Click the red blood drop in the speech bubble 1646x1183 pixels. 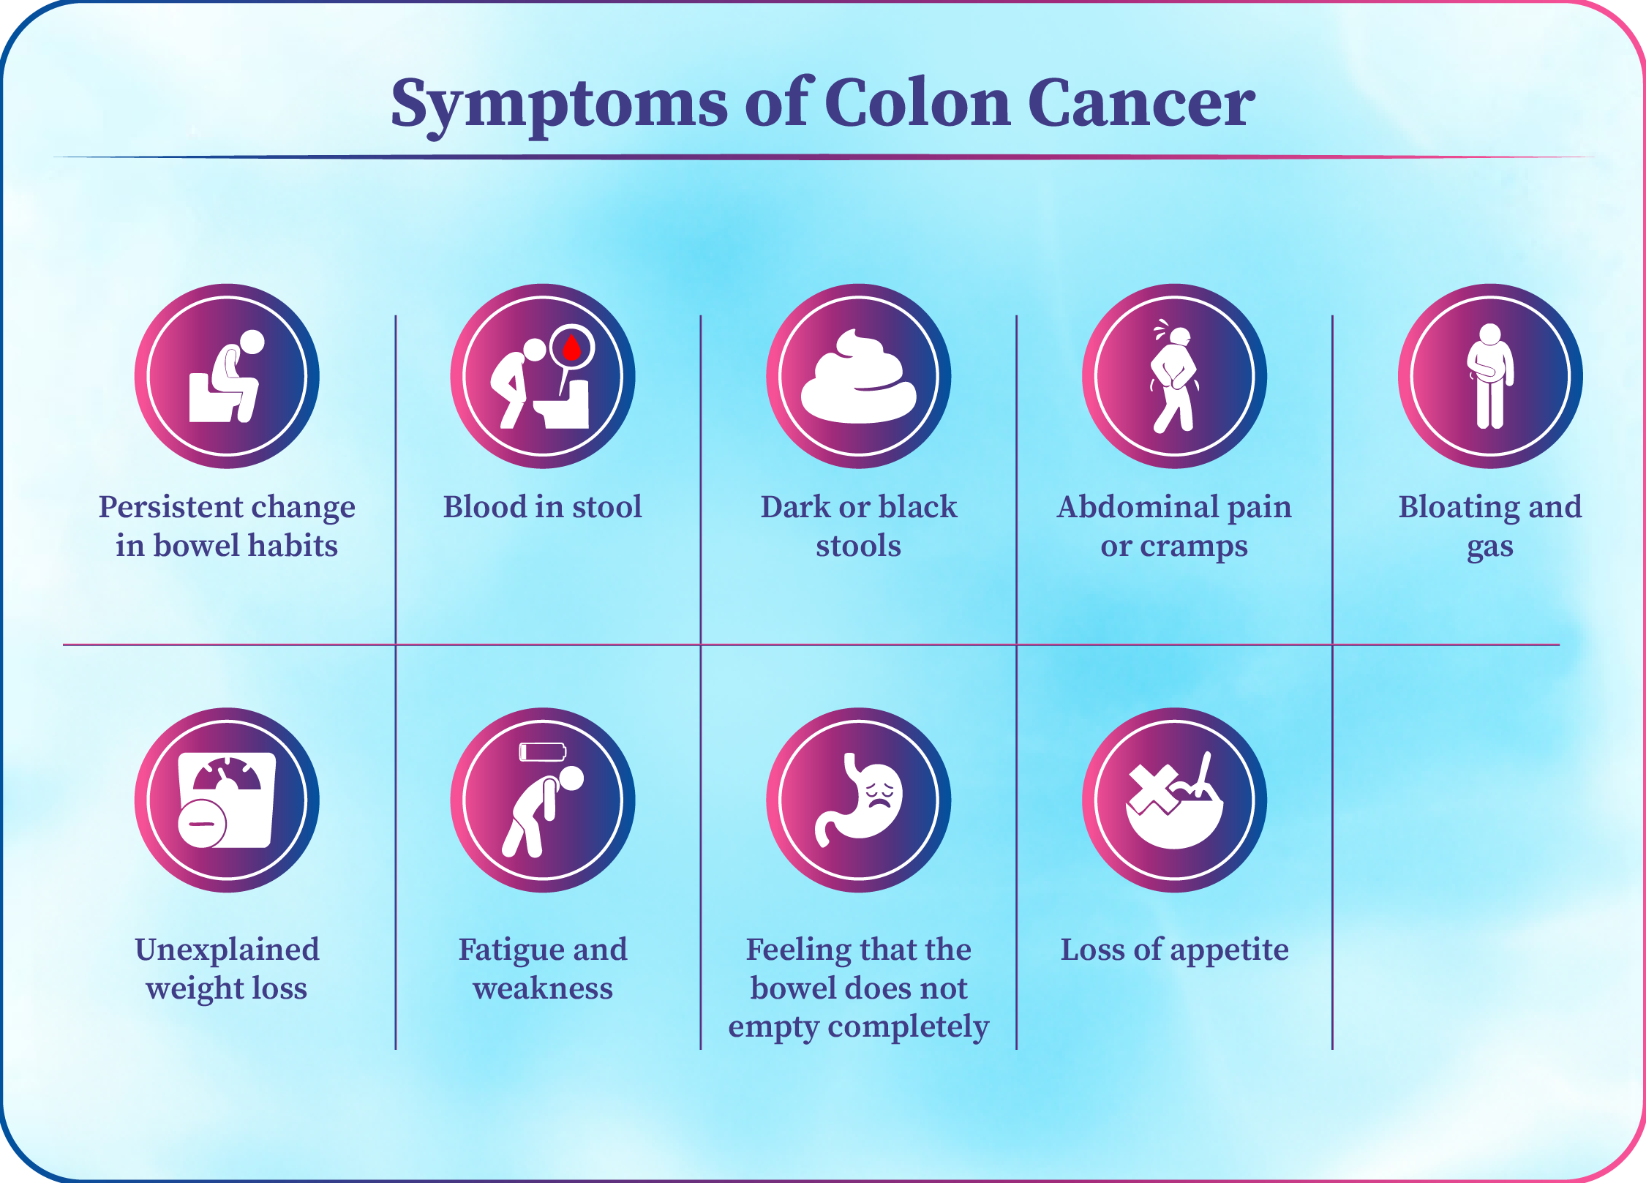(571, 347)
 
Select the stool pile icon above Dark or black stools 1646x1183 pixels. (859, 376)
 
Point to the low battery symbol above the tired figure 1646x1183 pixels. (542, 752)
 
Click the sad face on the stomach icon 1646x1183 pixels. (880, 793)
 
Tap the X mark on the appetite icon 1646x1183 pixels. (1154, 790)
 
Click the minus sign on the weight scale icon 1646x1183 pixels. (202, 824)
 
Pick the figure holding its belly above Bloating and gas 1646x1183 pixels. (1490, 376)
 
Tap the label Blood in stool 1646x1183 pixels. (543, 506)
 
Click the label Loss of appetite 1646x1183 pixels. (1175, 950)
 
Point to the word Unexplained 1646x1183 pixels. (227, 950)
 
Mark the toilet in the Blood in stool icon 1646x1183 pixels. (562, 404)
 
